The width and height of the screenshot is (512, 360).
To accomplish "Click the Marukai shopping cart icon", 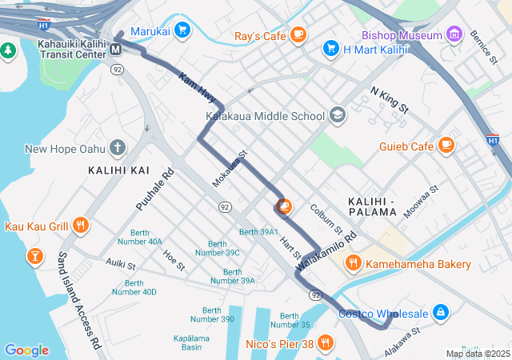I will coord(182,30).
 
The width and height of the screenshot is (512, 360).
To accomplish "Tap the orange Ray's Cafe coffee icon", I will coord(298,34).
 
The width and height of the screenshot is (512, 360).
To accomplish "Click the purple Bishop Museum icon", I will coord(455,34).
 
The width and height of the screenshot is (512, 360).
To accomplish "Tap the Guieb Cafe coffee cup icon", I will coord(446,146).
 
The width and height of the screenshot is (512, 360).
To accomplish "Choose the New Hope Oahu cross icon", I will coord(118,147).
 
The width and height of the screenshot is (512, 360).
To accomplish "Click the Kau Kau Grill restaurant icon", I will coord(80,226).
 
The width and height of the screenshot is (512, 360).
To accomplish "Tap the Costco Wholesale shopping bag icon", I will coord(440,311).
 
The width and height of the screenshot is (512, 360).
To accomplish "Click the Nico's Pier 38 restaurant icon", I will coord(326,344).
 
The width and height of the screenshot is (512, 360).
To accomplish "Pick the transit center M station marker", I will coord(116,50).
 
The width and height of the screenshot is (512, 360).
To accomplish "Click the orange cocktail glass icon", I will coord(34,256).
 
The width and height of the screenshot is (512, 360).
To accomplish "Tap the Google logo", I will coord(26,350).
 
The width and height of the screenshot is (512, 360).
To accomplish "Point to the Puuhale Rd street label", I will coord(154,190).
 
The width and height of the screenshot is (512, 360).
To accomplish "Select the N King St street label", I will coord(390,100).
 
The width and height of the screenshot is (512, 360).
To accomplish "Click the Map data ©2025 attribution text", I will coord(477,354).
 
